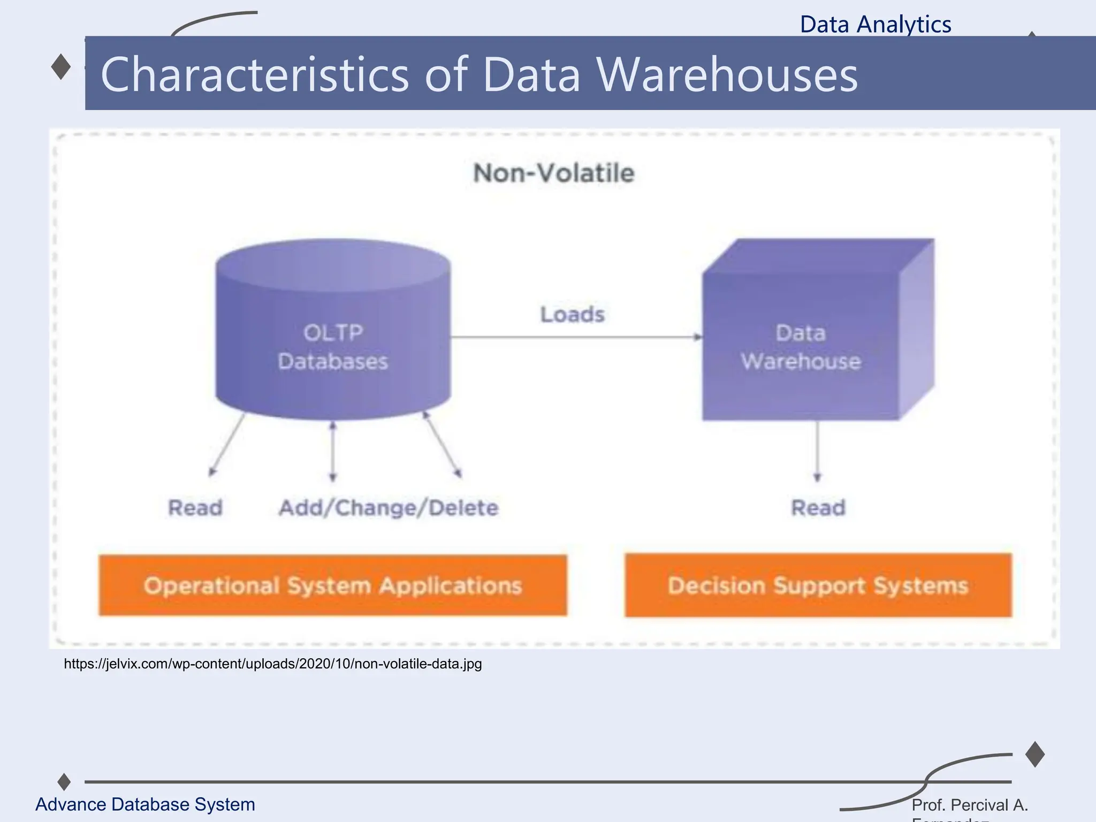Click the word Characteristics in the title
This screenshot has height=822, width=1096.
(255, 75)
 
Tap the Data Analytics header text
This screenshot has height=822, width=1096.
(875, 25)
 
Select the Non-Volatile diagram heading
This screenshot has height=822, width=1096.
(554, 173)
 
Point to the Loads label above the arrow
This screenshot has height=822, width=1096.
(572, 315)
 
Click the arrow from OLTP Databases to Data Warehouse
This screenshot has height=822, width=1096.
(575, 337)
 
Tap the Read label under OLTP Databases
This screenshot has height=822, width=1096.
(195, 508)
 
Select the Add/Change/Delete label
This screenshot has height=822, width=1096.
(389, 508)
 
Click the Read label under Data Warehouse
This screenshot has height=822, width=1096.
(818, 508)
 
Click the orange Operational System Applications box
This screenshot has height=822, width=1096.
(332, 585)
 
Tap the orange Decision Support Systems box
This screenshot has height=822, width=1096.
(818, 585)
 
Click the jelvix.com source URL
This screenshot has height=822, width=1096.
(272, 664)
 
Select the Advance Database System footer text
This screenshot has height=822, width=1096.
(145, 804)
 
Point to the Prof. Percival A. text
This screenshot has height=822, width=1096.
(969, 805)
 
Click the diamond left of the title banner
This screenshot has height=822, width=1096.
(61, 67)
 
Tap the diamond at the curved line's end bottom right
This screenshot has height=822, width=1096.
(1035, 754)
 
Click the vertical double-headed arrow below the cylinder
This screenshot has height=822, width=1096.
(333, 451)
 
